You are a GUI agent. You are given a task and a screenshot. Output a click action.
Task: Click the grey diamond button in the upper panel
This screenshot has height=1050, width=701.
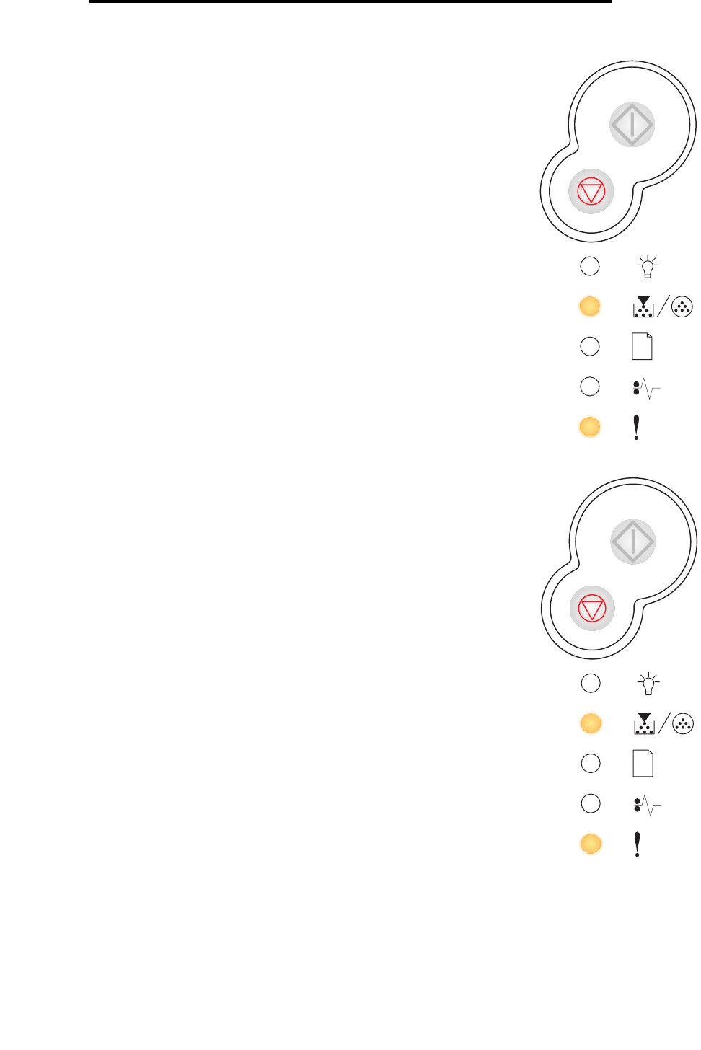pos(632,124)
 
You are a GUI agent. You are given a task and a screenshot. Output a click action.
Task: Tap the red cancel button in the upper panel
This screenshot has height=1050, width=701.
pos(591,192)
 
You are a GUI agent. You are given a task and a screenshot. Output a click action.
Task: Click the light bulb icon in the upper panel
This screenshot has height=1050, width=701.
pos(648,267)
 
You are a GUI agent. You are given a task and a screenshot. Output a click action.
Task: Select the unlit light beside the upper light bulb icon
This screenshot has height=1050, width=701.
pos(590,266)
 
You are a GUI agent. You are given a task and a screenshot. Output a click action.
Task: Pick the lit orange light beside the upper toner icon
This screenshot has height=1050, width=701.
pos(590,306)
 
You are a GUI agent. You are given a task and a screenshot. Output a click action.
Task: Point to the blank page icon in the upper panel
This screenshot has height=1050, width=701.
pos(642,346)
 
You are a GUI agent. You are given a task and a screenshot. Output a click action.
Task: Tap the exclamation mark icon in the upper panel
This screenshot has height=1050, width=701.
pos(636,427)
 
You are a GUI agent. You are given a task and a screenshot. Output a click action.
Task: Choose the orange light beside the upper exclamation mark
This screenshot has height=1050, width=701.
pos(590,427)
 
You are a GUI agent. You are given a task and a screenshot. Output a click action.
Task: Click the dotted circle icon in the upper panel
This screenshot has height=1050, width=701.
pos(682,307)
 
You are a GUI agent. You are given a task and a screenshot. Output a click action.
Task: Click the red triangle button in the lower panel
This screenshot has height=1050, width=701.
pos(592,609)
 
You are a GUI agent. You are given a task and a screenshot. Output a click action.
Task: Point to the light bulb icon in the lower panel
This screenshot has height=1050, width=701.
pos(648,684)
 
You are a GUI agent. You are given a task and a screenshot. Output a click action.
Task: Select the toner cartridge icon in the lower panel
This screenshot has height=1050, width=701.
pos(644,723)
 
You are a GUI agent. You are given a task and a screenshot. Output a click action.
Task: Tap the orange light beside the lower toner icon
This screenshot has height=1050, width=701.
pos(591,723)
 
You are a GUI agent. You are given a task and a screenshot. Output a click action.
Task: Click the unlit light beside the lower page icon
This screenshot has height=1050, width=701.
pos(591,763)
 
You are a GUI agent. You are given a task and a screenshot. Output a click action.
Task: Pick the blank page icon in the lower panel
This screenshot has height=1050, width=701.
pos(643,763)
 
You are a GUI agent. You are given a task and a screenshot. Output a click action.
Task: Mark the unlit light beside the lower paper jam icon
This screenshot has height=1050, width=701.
pos(591,803)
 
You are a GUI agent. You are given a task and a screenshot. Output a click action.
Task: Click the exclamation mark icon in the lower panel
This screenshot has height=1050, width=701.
pos(637,844)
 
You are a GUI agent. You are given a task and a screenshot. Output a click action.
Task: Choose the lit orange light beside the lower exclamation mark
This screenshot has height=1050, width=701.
pos(591,844)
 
